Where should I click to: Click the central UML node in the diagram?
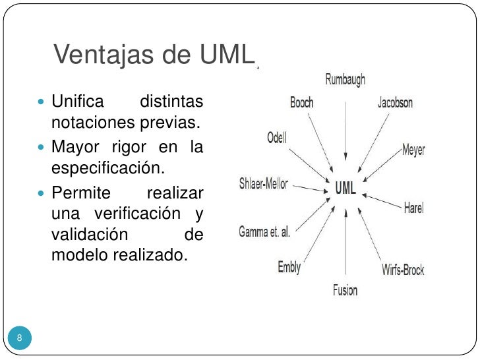pos(345,188)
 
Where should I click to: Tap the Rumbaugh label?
pos(345,80)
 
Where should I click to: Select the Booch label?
pos(301,104)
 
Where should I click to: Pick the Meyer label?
pos(414,150)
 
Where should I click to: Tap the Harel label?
pos(413,208)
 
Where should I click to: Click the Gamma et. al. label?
pos(264,232)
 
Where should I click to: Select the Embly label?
pos(289,266)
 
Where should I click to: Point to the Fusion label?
pos(345,289)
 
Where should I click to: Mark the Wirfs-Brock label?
pos(403,269)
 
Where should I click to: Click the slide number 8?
pos(20,338)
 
